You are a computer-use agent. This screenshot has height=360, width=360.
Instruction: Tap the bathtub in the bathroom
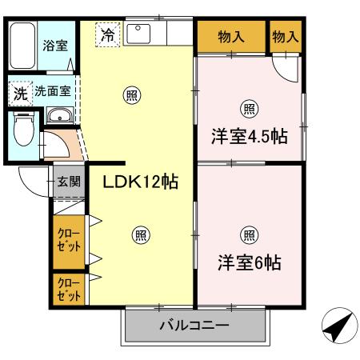click(x=22, y=45)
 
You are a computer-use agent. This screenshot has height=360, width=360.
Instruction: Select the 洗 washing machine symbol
click(x=19, y=93)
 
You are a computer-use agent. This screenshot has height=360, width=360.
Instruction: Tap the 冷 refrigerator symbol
click(x=107, y=35)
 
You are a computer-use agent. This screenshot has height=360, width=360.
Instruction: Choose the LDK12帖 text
click(x=139, y=182)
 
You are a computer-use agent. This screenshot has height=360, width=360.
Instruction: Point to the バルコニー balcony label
click(x=194, y=326)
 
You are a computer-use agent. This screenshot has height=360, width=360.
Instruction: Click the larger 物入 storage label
click(x=230, y=36)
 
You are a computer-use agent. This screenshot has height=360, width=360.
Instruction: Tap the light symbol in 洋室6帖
click(x=248, y=234)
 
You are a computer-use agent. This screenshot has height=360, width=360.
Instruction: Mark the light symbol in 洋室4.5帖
click(x=248, y=109)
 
